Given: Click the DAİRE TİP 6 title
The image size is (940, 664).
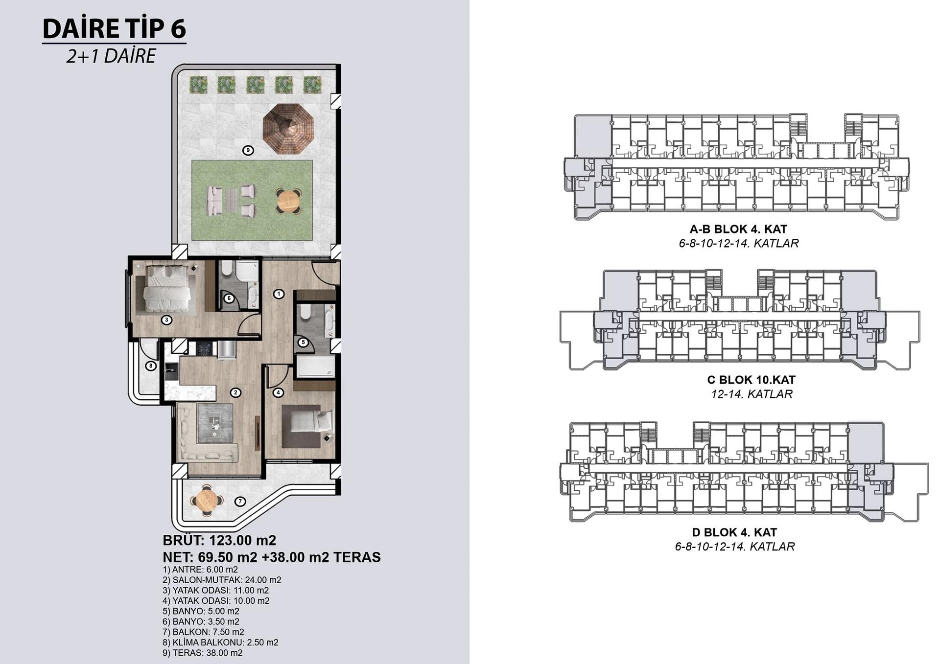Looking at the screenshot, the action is [x=114, y=28].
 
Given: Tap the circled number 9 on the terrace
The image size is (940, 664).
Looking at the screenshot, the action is [x=248, y=150].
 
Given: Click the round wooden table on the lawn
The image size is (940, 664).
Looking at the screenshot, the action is [x=288, y=201].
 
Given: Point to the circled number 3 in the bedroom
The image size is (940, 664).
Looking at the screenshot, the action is [x=167, y=320].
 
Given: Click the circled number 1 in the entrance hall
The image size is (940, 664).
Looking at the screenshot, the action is [x=279, y=294].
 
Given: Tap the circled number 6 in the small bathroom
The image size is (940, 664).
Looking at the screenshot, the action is [x=229, y=298].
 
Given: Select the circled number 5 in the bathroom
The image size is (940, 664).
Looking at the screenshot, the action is [x=303, y=342].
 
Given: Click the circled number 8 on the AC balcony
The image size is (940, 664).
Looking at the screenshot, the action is [x=151, y=366].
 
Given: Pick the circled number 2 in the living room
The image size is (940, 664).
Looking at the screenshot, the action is [x=235, y=392].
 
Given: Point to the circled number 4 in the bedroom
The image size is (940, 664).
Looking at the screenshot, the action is [x=278, y=392].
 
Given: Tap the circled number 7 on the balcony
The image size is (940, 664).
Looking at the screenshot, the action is [x=239, y=501].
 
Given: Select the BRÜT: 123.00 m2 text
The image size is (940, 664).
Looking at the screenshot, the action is [x=219, y=540].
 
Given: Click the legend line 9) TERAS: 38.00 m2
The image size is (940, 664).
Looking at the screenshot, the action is [x=203, y=653].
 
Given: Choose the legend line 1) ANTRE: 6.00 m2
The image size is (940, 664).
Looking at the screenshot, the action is [x=200, y=570].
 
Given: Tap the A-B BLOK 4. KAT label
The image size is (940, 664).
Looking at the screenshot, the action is [x=738, y=229].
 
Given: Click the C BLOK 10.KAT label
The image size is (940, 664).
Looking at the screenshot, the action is [x=752, y=380].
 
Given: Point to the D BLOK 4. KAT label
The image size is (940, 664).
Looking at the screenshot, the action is [x=734, y=532].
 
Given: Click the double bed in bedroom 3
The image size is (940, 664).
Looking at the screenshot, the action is [x=166, y=288].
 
